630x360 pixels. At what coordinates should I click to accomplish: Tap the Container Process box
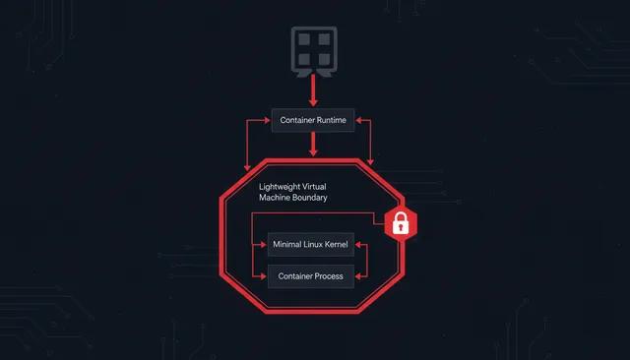(x=310, y=276)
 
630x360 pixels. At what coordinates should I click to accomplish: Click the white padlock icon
(x=401, y=225)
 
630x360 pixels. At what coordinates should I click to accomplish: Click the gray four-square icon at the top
(x=313, y=50)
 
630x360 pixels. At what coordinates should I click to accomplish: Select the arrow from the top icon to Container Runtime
(x=313, y=90)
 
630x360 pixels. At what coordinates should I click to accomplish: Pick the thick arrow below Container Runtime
(x=313, y=145)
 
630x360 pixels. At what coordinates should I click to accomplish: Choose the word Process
(x=327, y=276)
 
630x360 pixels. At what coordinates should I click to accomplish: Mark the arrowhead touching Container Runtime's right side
(x=359, y=120)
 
